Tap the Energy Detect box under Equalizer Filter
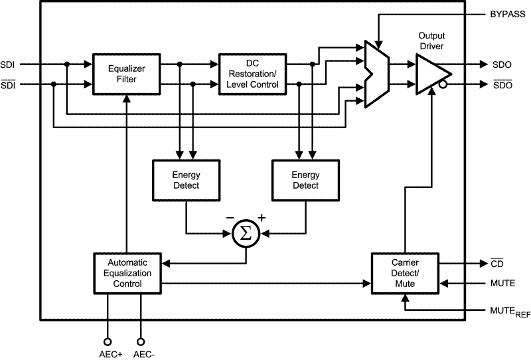pos(186,180)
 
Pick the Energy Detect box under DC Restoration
pos(305,180)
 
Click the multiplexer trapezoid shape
pos(375,73)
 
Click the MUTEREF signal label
pos(507,312)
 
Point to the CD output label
pos(499,264)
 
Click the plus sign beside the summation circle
pos(261,218)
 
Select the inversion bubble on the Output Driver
pos(443,85)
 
